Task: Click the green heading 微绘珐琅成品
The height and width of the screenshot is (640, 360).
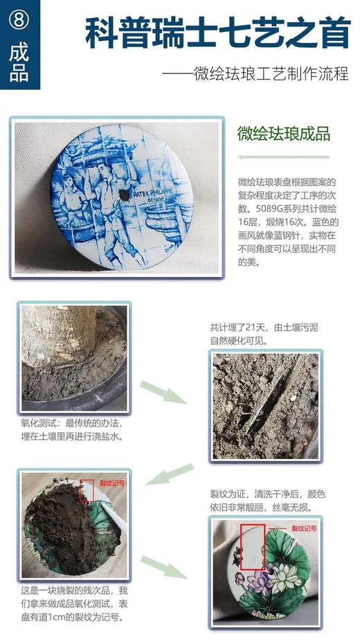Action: click(283, 133)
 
